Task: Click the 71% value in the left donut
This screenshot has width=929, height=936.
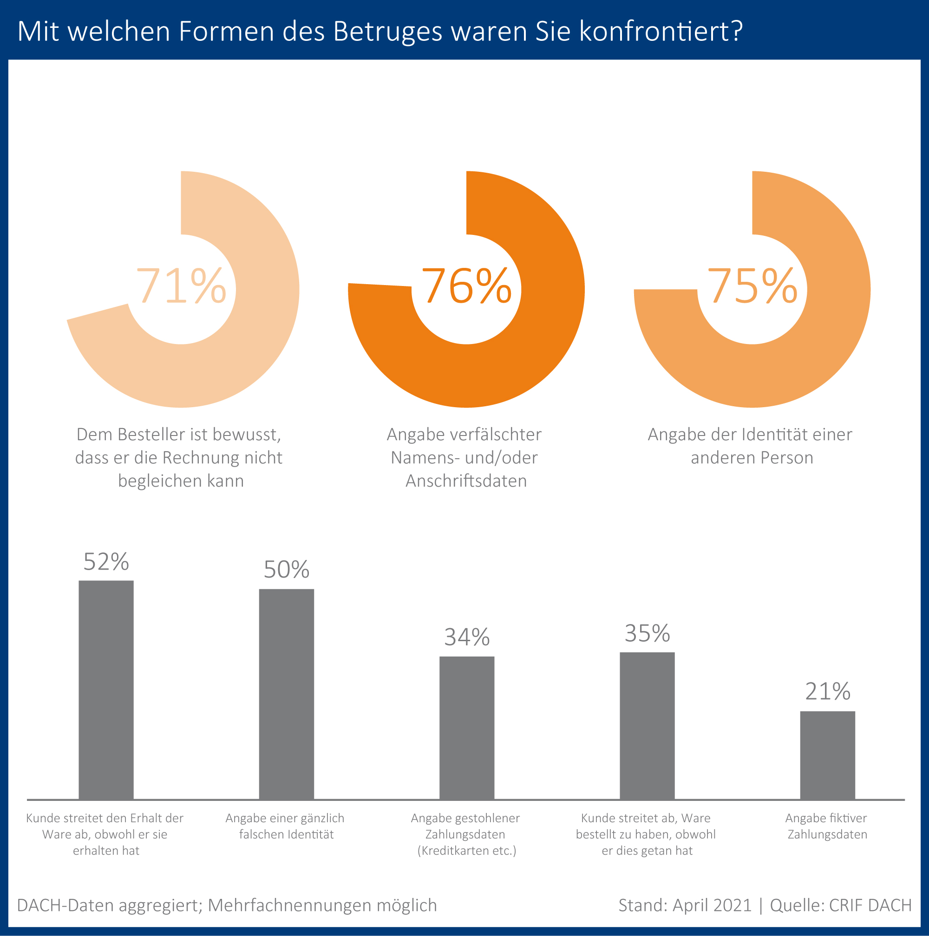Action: point(181,286)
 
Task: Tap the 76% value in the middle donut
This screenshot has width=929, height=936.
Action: point(467,286)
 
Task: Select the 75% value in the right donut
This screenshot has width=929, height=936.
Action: point(752,286)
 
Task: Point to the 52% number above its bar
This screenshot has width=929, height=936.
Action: point(106,562)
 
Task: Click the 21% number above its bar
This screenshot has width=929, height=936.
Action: point(827,692)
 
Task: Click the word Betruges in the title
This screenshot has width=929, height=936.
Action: point(388,32)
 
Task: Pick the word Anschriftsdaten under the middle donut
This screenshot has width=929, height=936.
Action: point(466,481)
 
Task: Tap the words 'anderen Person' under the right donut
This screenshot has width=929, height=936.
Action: point(752,457)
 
